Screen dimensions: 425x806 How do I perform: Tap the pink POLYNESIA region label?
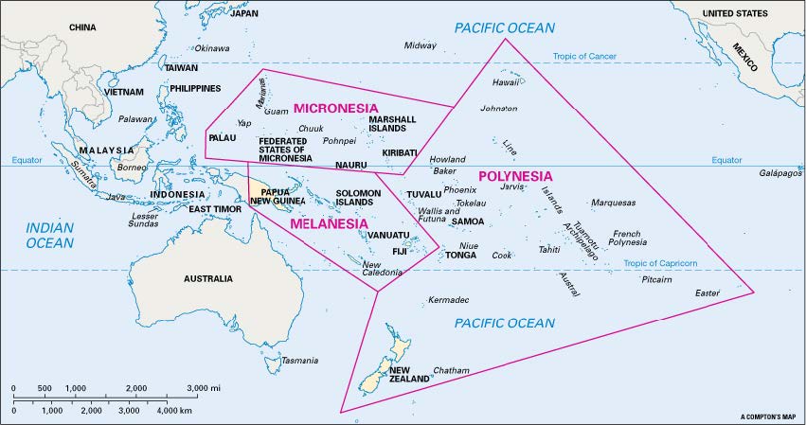(515, 176)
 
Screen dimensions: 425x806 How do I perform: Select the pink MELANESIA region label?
(329, 224)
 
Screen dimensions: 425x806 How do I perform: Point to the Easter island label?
(707, 292)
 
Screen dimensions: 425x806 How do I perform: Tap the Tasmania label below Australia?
(300, 361)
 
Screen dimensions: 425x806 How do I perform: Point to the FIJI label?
(400, 251)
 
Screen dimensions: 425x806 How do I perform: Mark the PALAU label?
(222, 138)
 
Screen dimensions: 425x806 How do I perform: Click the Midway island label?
(421, 45)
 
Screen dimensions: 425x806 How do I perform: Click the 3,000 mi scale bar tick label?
(204, 389)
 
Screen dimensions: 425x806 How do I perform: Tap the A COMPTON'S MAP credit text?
(768, 416)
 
